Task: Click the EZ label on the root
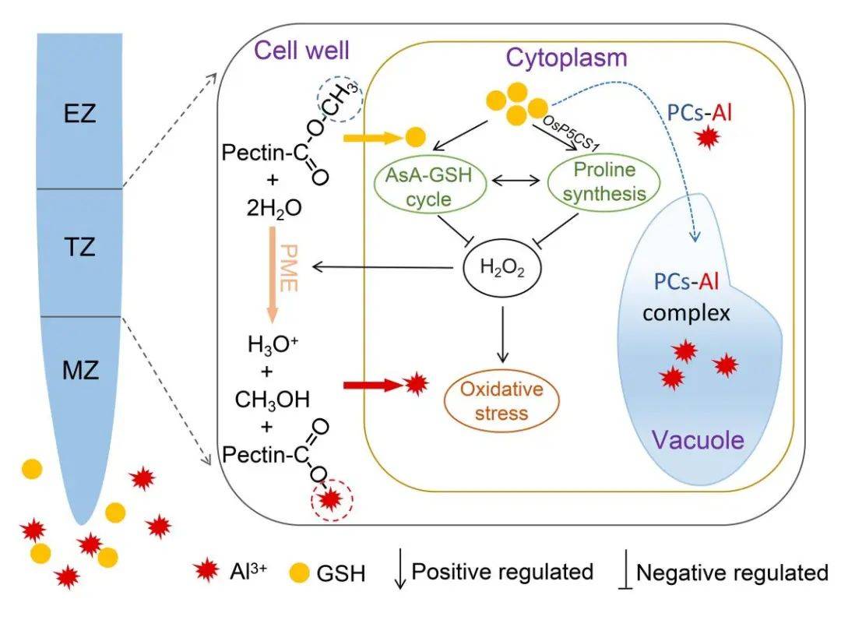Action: pyautogui.click(x=80, y=117)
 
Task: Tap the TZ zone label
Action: pyautogui.click(x=80, y=248)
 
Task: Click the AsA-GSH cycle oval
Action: pyautogui.click(x=433, y=187)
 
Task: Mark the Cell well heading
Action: pyautogui.click(x=301, y=51)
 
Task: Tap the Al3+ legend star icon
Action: pyautogui.click(x=206, y=572)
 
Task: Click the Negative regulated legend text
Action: pyautogui.click(x=732, y=573)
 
